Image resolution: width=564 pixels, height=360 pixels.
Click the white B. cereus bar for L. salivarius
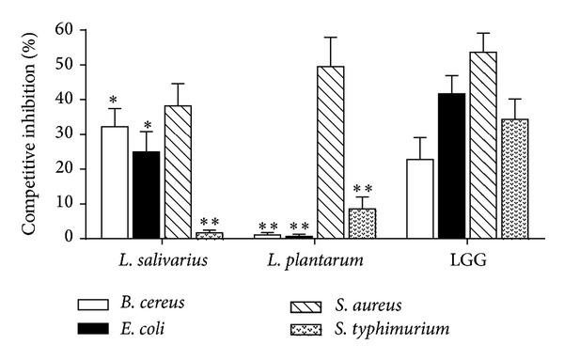(x=115, y=182)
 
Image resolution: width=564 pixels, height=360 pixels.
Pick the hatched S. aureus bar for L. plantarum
(x=331, y=151)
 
